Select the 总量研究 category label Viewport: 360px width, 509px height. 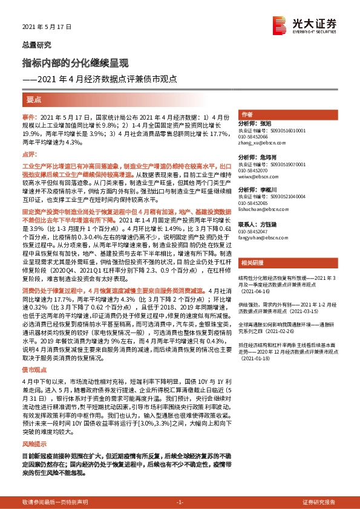[x=37, y=45]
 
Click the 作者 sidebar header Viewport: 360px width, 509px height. [x=264, y=114]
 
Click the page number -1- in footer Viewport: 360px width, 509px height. [x=180, y=502]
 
